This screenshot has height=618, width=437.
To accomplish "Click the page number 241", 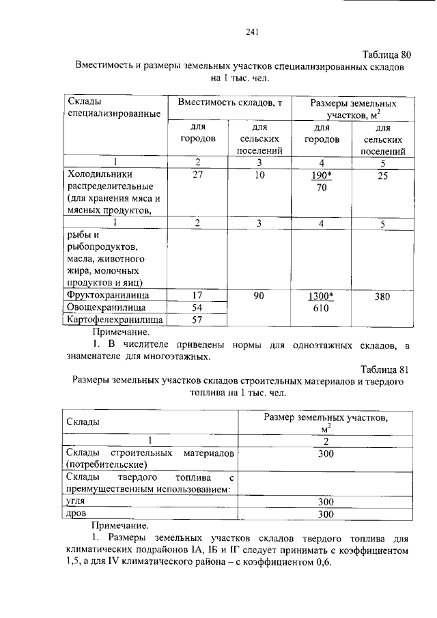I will [x=251, y=31].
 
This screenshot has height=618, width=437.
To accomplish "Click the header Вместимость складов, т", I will [x=230, y=102].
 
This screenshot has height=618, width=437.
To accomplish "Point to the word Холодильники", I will [x=98, y=175].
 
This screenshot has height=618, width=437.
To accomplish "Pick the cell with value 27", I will [x=197, y=175].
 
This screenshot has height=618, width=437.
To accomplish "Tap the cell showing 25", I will [x=383, y=175].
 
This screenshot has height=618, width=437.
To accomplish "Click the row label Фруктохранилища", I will [x=107, y=296].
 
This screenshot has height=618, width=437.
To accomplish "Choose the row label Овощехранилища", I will [x=103, y=307].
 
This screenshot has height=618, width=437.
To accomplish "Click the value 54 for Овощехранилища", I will [x=197, y=307].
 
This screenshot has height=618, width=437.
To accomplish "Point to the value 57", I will [x=197, y=320].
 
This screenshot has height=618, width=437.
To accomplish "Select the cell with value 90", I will [x=259, y=296].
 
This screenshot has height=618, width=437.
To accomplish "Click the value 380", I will [x=383, y=296].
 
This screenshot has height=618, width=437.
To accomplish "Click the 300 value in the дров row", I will [x=325, y=514].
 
